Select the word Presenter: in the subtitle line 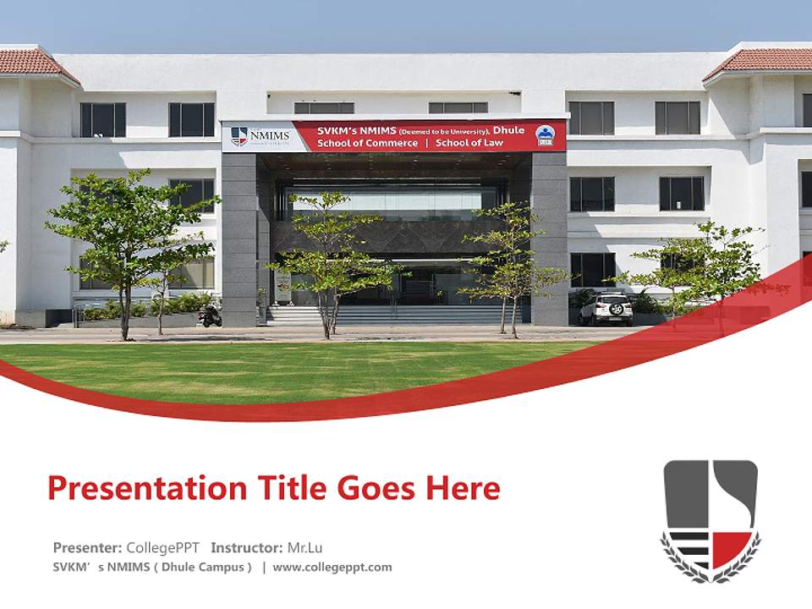coord(87,547)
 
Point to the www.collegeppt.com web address coord(332,568)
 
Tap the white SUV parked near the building coord(606,309)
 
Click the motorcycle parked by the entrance coord(210,316)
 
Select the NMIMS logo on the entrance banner coord(261,136)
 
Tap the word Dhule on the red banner coord(508,129)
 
